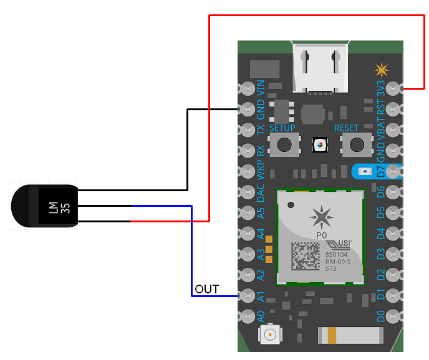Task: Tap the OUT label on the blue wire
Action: (207, 289)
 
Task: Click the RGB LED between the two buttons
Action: (320, 145)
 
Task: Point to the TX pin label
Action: (261, 130)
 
